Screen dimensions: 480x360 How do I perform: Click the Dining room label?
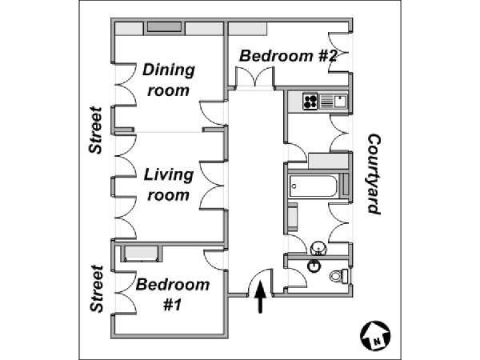(169, 80)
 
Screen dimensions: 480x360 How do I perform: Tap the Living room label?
(169, 185)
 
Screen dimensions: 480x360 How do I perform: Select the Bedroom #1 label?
(173, 294)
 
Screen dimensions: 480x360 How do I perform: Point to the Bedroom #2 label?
(288, 56)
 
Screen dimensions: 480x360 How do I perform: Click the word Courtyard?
(374, 174)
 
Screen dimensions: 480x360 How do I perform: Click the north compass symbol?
(375, 336)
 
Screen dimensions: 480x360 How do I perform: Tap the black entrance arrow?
(260, 297)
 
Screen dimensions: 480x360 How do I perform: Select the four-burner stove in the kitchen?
(310, 102)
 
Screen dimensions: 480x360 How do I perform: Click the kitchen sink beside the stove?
(333, 102)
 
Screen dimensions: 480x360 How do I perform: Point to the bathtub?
(314, 186)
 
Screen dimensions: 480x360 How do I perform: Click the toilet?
(339, 276)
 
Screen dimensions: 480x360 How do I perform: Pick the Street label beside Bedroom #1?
(97, 289)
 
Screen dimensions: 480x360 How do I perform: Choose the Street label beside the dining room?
(95, 130)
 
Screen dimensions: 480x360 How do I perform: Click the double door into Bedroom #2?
(254, 77)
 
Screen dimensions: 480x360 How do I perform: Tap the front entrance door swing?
(259, 282)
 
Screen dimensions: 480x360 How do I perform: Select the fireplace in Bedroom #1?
(142, 254)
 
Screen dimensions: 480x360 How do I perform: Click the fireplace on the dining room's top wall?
(164, 27)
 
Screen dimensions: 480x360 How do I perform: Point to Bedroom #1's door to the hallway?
(215, 259)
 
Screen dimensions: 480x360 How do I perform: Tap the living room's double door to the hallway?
(214, 186)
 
